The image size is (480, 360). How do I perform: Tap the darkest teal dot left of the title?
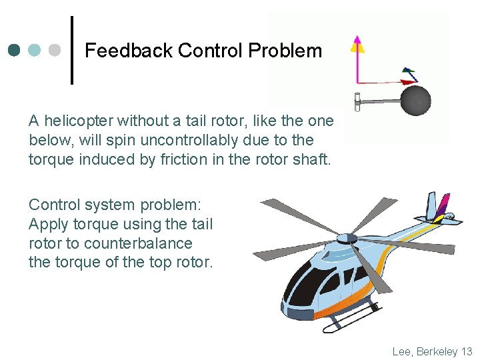tap(14, 50)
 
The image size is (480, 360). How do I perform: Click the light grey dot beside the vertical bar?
tap(55, 50)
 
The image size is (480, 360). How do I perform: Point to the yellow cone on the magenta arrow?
tap(358, 45)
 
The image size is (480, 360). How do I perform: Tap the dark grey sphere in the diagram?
tap(415, 101)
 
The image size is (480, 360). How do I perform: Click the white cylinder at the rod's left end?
tap(358, 101)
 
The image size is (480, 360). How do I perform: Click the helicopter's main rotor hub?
tap(347, 238)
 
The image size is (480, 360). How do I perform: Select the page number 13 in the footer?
tap(466, 351)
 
